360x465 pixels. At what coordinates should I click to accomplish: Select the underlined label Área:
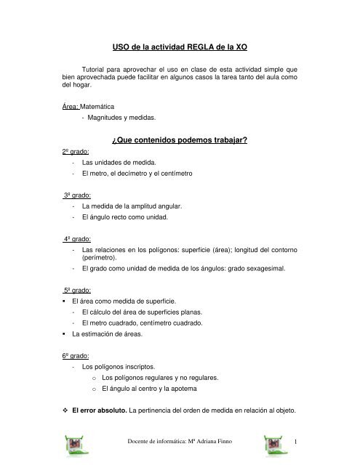coord(71,108)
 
